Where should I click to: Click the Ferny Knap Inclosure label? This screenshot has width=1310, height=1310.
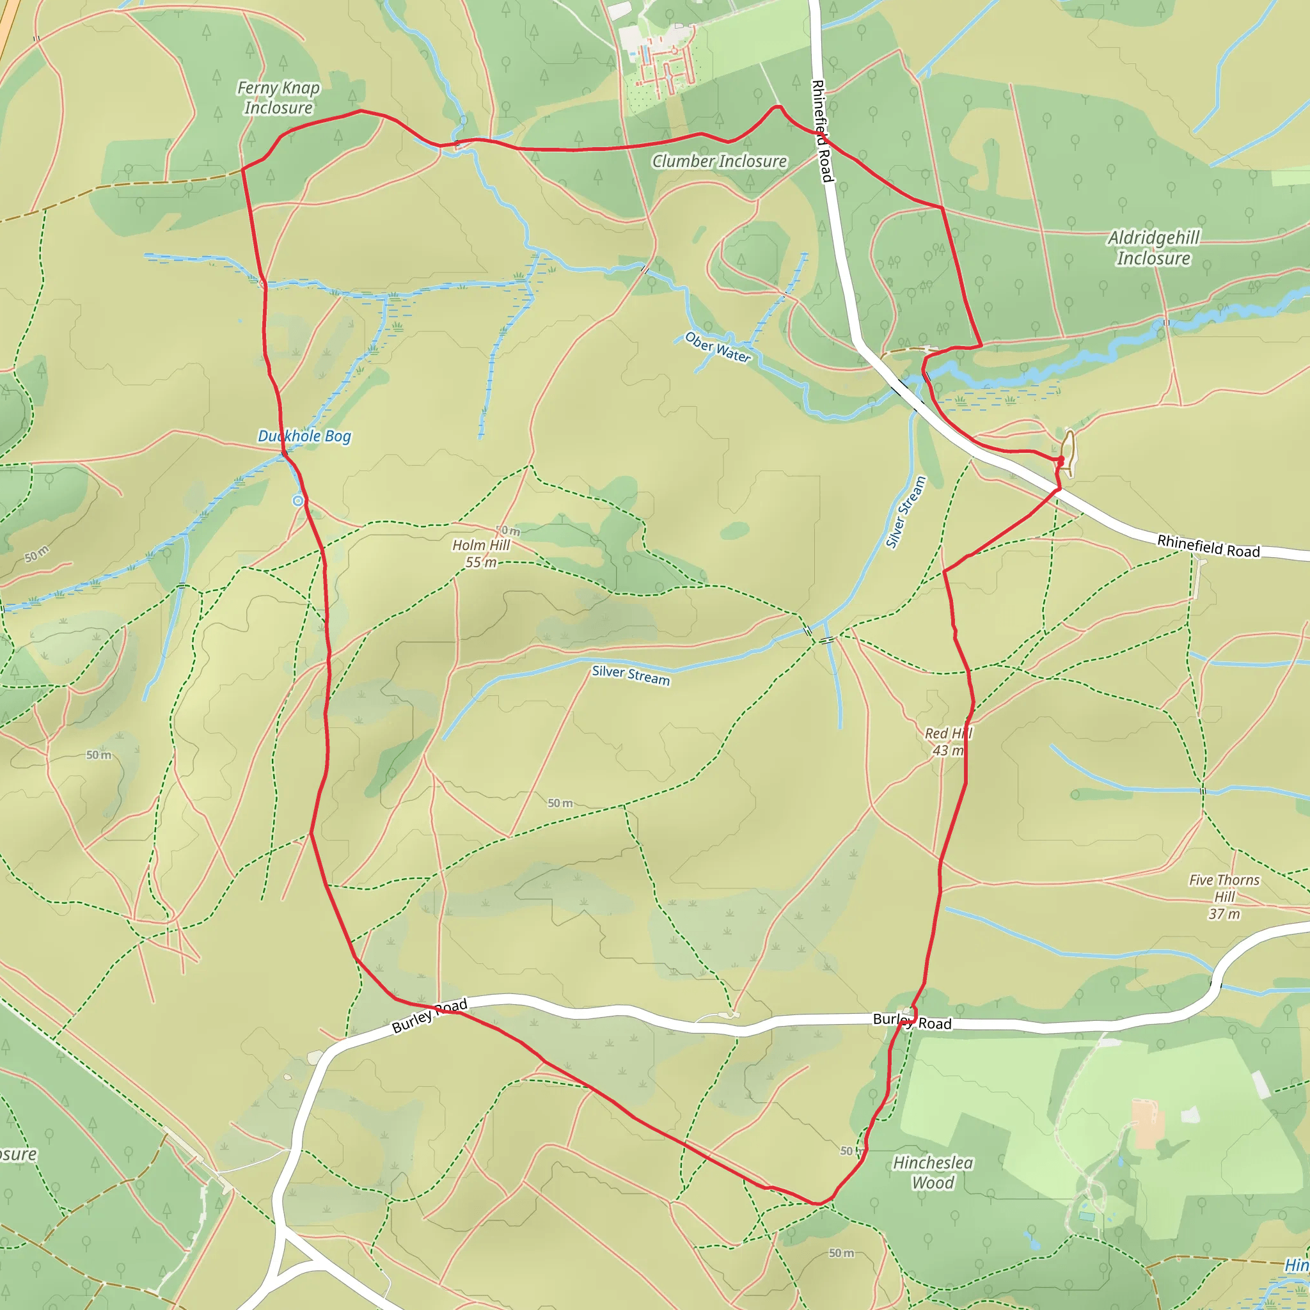(278, 98)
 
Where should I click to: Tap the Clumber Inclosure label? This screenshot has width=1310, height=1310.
(720, 161)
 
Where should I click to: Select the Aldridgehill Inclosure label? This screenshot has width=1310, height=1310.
(1153, 248)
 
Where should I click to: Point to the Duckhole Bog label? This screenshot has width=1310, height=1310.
(304, 436)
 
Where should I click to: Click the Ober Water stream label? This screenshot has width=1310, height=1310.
(718, 347)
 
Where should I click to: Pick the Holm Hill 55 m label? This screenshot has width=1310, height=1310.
(482, 553)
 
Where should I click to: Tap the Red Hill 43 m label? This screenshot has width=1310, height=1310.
(948, 742)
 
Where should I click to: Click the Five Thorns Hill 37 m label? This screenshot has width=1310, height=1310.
(1224, 896)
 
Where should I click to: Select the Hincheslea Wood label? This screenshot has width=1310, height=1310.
(933, 1172)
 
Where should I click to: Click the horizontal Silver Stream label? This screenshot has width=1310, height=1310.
(631, 675)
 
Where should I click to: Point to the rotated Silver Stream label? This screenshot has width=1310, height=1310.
(906, 512)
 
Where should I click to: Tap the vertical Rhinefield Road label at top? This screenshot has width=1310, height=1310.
(822, 131)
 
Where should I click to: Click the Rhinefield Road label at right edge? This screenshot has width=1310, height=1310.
(1208, 546)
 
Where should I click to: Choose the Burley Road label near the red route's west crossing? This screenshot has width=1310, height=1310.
(430, 1015)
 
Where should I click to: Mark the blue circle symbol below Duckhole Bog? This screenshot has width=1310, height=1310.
(297, 500)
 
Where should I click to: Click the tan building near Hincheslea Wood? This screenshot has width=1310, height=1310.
(1145, 1123)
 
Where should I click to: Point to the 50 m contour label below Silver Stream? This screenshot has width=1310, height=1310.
(560, 803)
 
